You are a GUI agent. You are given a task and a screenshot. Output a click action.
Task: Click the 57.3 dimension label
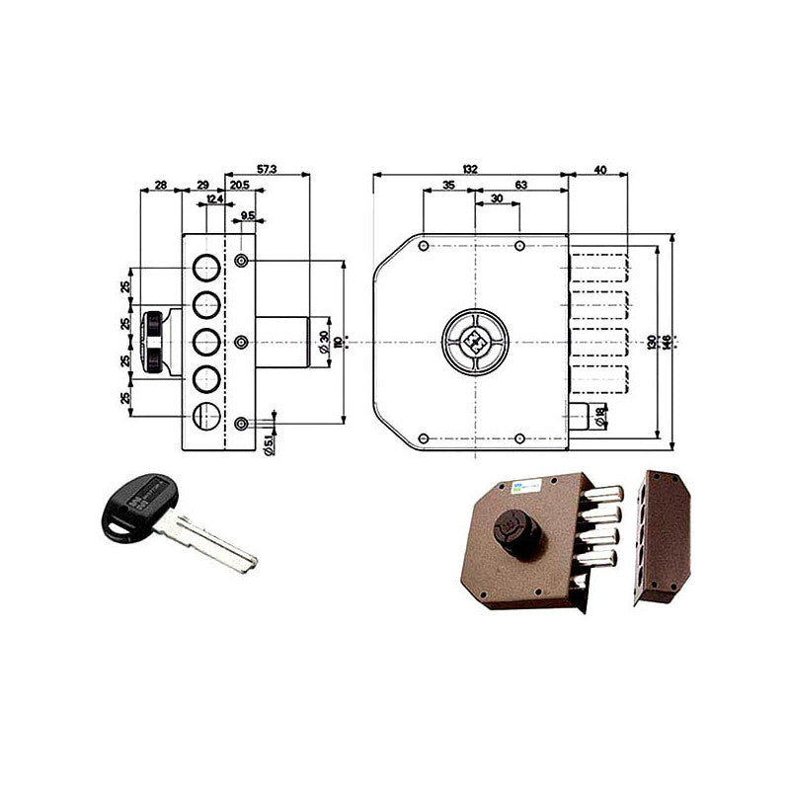tap(266, 170)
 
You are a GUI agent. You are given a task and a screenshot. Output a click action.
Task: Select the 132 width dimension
tap(470, 170)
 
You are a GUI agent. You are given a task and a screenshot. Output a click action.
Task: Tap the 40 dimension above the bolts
tap(599, 170)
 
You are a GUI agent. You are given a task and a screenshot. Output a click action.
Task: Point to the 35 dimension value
tap(448, 185)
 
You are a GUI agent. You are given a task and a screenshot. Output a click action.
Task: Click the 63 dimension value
tap(521, 185)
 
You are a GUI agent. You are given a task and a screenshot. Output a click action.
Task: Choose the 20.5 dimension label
tap(239, 185)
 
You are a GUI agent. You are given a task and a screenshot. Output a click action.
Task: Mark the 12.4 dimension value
tap(213, 200)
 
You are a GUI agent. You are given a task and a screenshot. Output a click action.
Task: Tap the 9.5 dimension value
tap(247, 215)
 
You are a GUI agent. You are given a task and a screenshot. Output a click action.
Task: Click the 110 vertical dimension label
tap(337, 342)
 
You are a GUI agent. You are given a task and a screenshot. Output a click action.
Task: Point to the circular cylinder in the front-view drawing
tap(475, 342)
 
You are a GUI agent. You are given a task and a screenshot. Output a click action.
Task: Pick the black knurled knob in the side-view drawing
tap(153, 342)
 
